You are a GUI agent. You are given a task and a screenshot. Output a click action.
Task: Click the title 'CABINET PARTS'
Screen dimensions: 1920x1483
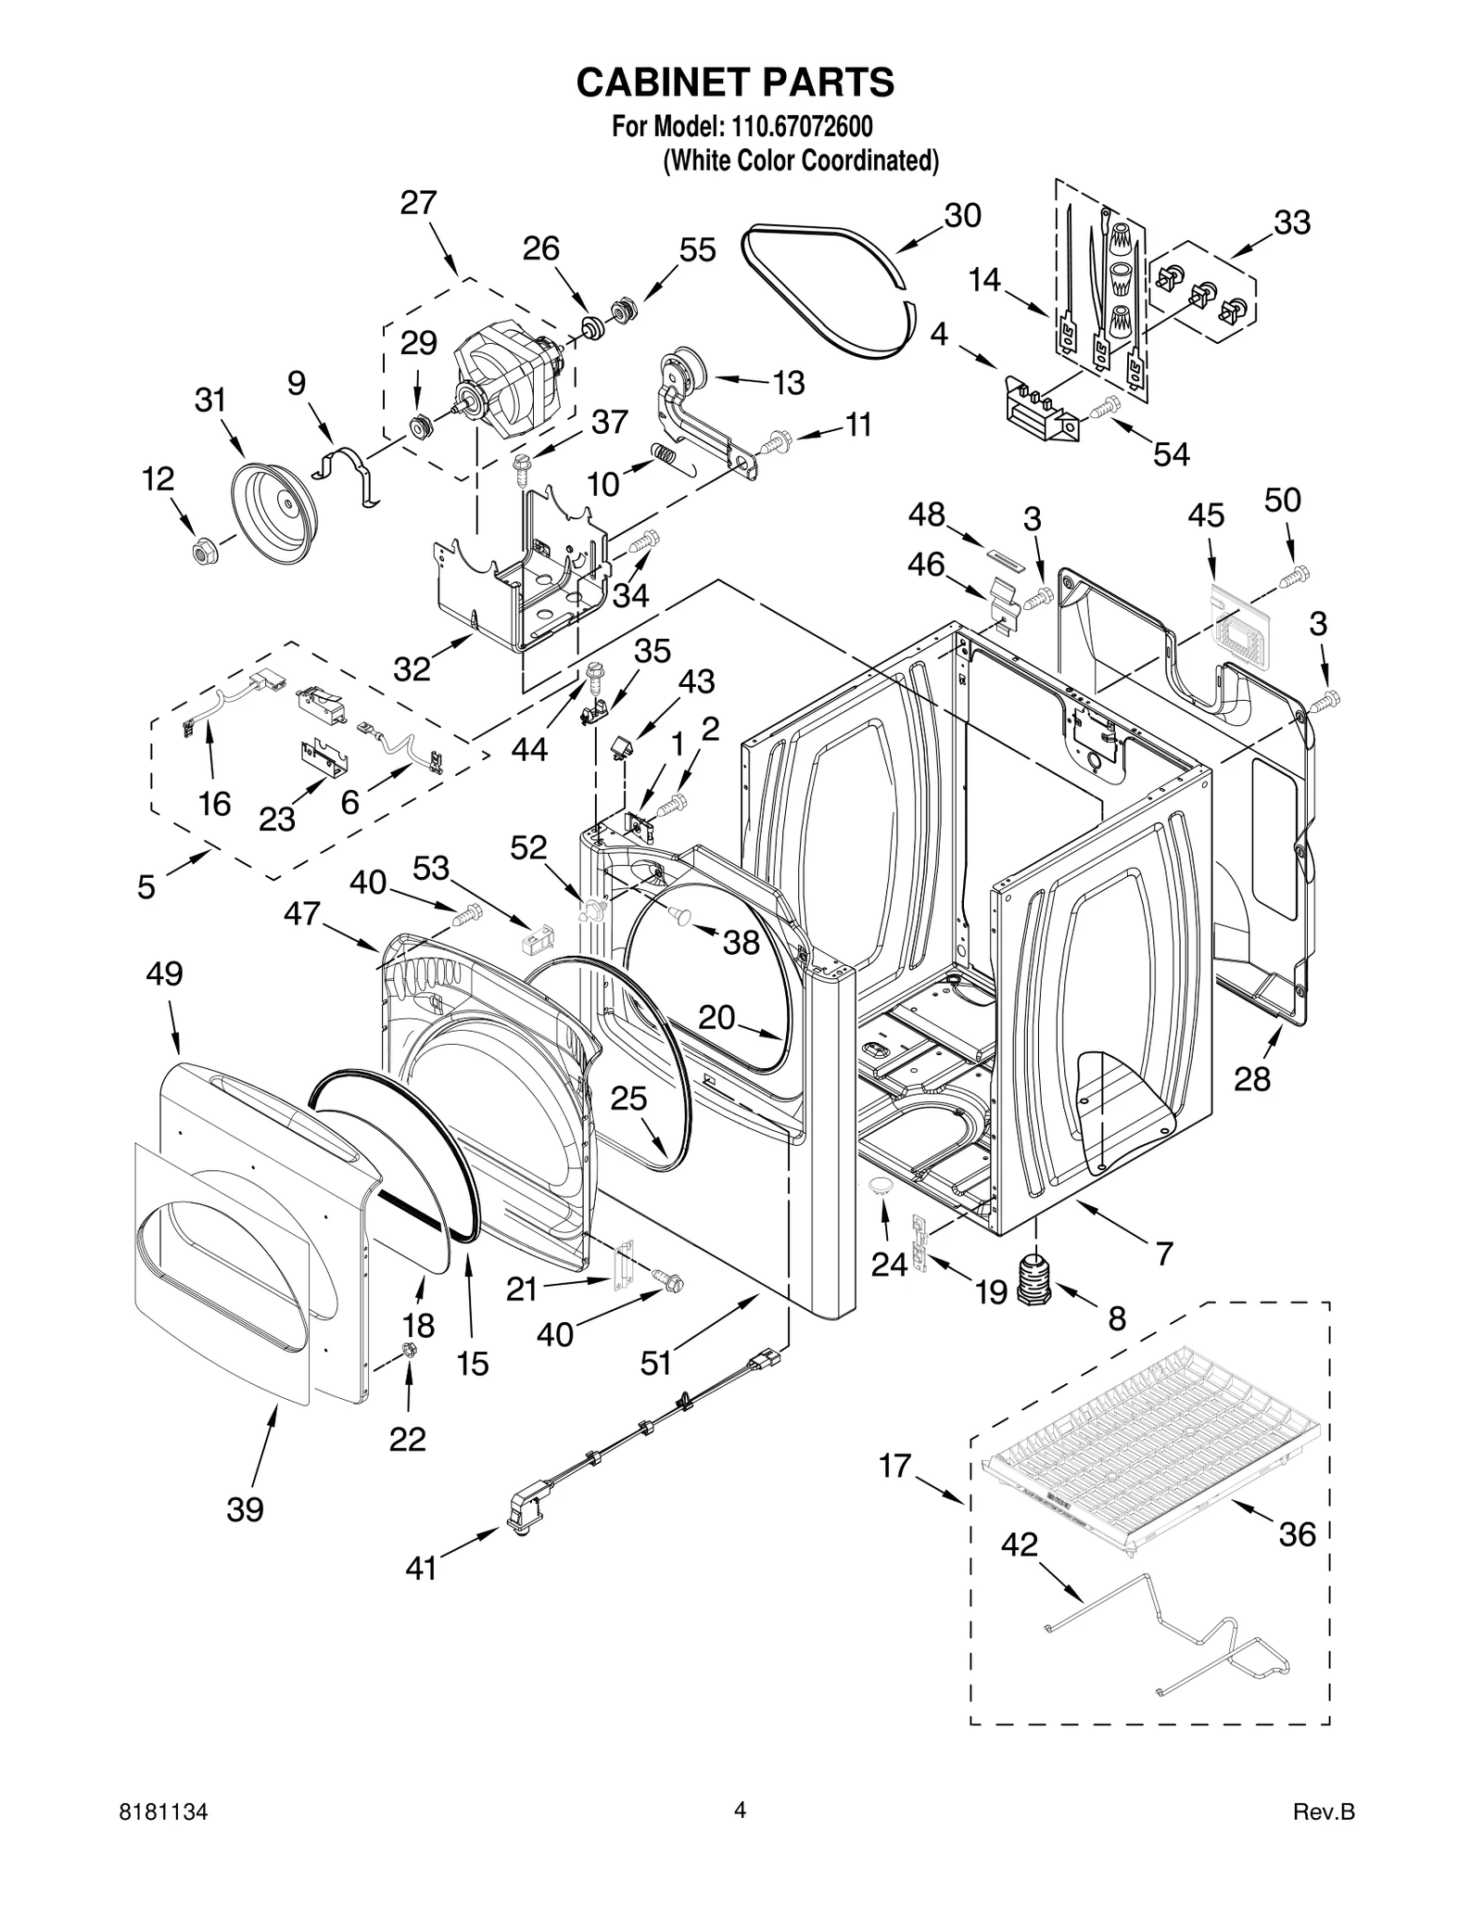point(735,83)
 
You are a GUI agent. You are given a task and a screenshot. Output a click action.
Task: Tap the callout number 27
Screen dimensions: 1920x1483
point(418,203)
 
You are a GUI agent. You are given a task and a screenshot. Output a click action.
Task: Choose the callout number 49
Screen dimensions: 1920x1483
point(165,974)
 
